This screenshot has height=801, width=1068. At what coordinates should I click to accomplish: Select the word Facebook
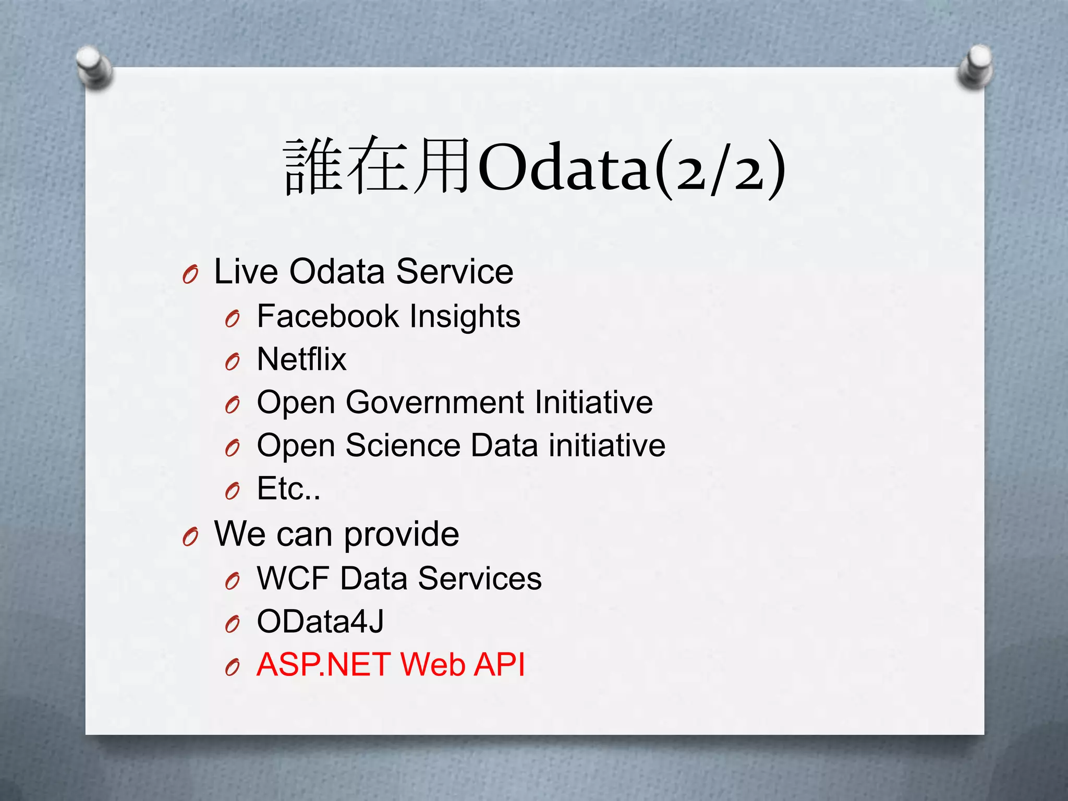point(328,316)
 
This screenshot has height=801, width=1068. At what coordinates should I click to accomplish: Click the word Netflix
point(301,359)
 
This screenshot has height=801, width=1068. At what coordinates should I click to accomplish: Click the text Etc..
point(288,489)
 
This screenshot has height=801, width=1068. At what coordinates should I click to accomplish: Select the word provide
point(402,535)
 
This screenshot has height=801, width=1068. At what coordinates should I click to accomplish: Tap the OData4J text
point(320,622)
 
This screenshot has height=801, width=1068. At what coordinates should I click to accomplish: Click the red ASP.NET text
point(323,665)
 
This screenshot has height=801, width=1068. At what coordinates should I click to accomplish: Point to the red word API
point(499,665)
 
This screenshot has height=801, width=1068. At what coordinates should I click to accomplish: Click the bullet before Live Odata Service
point(190,274)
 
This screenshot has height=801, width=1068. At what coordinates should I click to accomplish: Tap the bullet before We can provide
point(190,537)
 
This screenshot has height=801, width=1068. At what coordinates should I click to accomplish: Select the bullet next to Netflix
point(233,361)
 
